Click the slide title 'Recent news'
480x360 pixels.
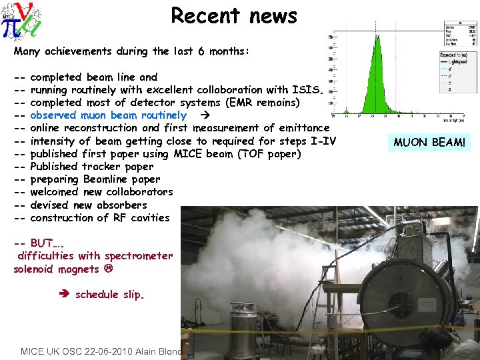click(233, 15)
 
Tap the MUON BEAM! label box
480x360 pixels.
click(430, 142)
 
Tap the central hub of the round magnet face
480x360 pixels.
click(401, 303)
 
